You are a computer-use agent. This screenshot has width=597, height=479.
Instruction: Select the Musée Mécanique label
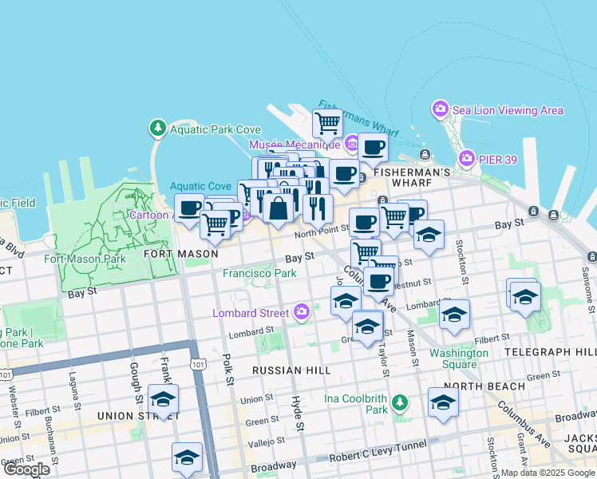(295, 144)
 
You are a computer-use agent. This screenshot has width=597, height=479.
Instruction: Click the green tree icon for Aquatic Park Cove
(157, 128)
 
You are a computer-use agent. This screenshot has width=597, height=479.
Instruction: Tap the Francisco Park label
(259, 273)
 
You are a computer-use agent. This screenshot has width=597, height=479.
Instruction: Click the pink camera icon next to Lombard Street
(302, 312)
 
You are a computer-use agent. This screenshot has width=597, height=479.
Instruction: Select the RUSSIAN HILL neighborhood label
(291, 370)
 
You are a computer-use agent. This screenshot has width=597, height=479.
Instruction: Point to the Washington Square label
(459, 358)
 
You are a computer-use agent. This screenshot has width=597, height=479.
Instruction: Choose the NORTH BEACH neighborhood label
(484, 386)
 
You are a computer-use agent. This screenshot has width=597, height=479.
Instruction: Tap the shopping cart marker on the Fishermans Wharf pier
(327, 124)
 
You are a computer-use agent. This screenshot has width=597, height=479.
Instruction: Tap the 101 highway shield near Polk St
(198, 363)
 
